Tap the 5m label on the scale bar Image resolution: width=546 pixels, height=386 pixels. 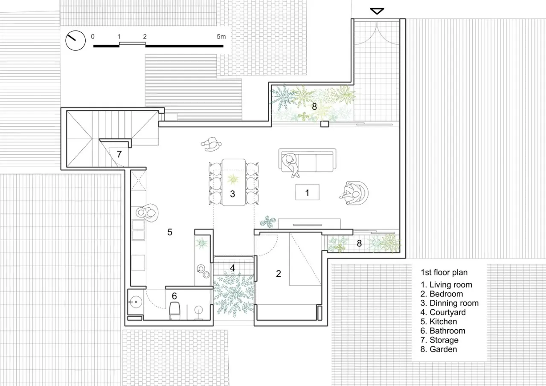[221, 37]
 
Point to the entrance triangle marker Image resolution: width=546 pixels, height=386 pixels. [377, 11]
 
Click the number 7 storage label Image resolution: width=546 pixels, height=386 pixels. [119, 154]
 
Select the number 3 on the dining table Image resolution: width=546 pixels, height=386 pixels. [232, 194]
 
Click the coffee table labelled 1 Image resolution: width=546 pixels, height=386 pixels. [307, 192]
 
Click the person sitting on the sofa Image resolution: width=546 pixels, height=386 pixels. [290, 164]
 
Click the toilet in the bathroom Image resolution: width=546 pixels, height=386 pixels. [174, 310]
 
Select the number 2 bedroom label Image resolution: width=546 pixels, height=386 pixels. [279, 274]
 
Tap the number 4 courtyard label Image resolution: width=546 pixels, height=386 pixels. [232, 268]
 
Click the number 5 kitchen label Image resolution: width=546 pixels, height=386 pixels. [170, 232]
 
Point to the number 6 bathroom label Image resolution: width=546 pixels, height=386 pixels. [174, 296]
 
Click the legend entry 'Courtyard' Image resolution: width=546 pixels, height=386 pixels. [447, 312]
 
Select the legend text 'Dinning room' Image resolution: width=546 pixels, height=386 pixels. [454, 303]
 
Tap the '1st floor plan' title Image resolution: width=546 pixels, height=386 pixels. [444, 272]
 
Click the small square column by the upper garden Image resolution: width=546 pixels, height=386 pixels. [325, 124]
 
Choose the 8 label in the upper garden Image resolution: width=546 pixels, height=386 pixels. [314, 107]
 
